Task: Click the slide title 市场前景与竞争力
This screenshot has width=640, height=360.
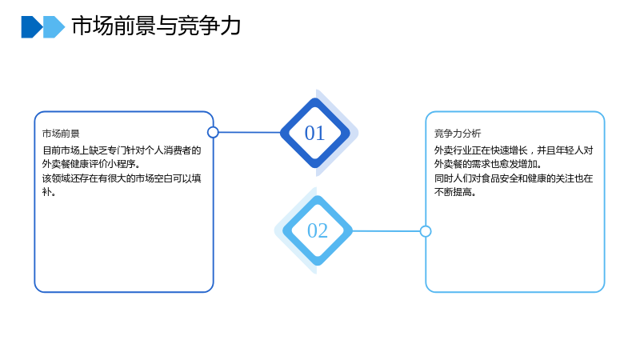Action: (x=156, y=26)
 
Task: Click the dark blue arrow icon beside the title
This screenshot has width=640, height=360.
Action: (x=32, y=27)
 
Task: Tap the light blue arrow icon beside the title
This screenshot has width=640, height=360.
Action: (x=54, y=27)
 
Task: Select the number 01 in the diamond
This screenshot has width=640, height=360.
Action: (x=314, y=133)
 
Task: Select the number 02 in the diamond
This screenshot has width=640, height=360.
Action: (x=318, y=231)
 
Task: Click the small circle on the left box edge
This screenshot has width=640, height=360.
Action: (x=213, y=132)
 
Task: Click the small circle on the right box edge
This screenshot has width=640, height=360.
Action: (x=426, y=231)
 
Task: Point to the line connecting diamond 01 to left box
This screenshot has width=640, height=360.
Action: (x=250, y=132)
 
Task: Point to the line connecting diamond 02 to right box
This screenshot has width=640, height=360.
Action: (x=386, y=231)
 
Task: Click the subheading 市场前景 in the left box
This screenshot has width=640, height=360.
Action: (x=61, y=134)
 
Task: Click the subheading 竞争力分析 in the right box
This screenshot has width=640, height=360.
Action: (x=458, y=134)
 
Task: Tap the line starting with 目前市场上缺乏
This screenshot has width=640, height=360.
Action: (x=122, y=150)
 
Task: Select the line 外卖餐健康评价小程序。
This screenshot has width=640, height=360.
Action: (x=91, y=164)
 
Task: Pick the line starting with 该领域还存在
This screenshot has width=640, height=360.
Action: (x=122, y=178)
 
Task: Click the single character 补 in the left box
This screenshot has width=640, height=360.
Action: (x=46, y=192)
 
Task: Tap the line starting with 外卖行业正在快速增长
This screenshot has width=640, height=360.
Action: (x=514, y=150)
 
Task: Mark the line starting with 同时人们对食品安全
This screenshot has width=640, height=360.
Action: (x=514, y=178)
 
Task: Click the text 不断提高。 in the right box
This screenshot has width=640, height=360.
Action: (x=455, y=192)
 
